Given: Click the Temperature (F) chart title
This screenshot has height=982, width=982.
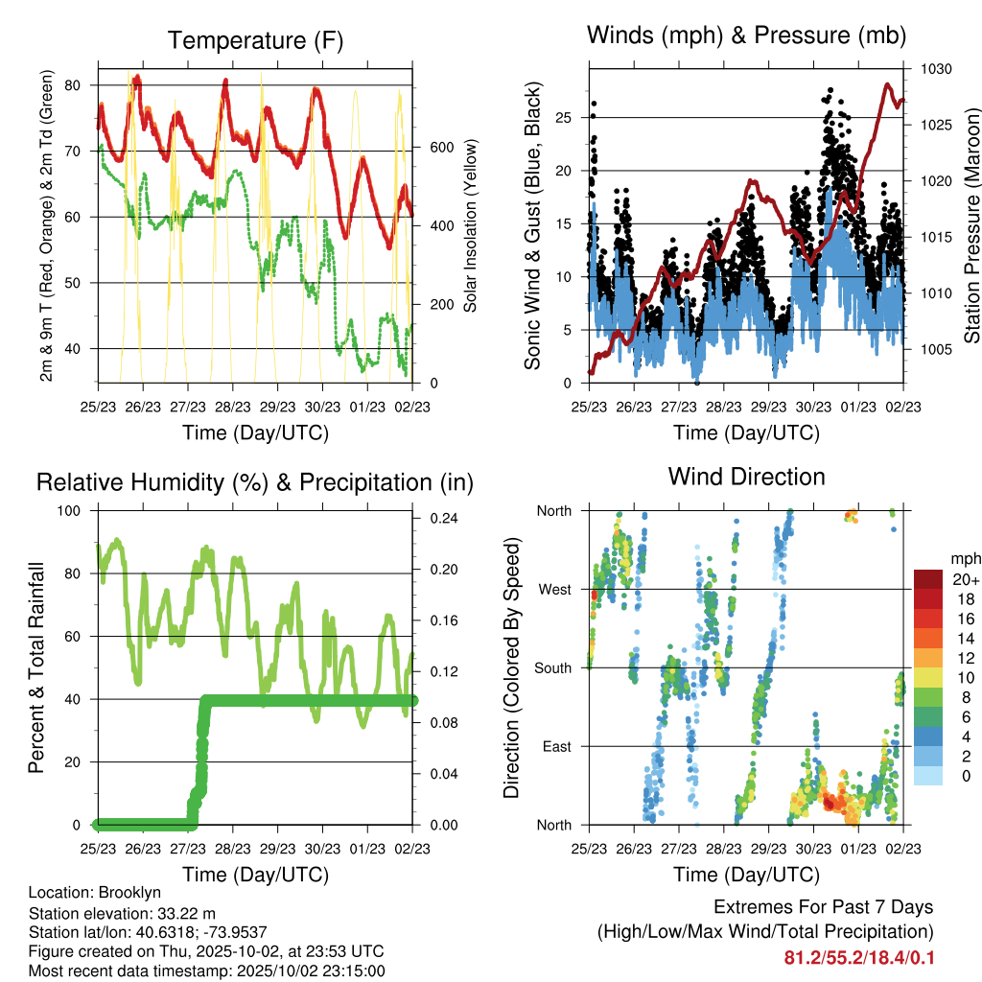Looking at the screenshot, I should coord(255,40).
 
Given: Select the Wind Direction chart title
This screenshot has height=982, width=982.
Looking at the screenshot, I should coord(746,477).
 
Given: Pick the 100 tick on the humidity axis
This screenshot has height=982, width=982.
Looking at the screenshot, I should coord(72,511).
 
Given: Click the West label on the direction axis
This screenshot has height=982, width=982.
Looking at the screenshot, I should coord(554,590).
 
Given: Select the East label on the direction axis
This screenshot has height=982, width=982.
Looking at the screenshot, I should coord(556,746).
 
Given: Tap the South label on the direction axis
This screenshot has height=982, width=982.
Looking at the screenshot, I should coord(552,668).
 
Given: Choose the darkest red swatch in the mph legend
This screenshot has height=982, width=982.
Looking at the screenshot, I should coord(927,579).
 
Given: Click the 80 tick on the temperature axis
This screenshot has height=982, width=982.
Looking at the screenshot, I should coord(73,85).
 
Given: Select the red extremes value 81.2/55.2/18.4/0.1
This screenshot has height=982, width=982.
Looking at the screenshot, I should coord(858,957).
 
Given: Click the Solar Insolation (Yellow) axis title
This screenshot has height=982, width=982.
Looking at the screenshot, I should coord(471,226).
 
